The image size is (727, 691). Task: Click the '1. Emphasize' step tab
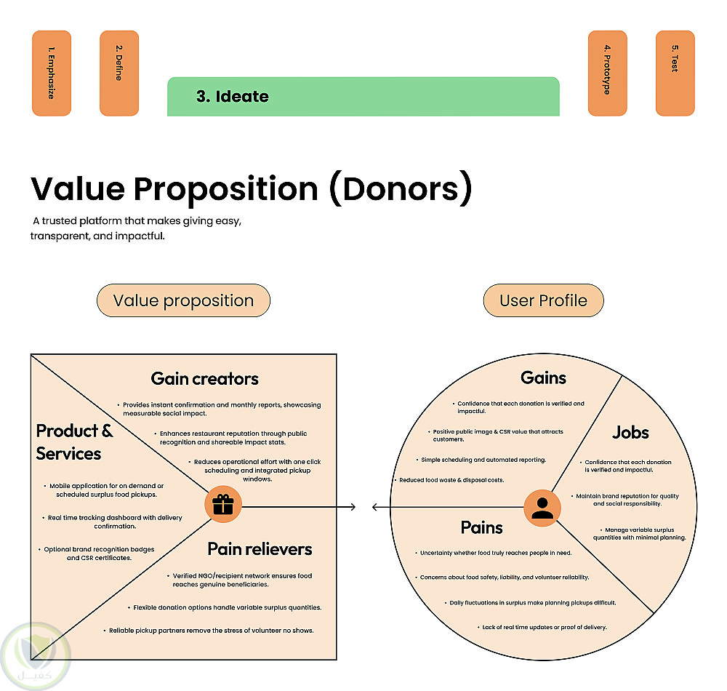tap(52, 73)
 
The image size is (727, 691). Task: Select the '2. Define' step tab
tap(119, 73)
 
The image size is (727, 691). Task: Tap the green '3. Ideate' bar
tap(363, 96)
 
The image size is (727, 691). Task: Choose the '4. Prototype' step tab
tap(607, 73)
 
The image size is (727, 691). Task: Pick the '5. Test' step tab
tap(675, 73)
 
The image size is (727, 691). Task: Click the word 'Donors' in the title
tap(401, 188)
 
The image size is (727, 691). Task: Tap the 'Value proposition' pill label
tap(183, 300)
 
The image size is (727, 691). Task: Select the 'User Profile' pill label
tap(543, 300)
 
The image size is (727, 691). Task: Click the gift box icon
tap(223, 505)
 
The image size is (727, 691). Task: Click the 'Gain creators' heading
tap(204, 379)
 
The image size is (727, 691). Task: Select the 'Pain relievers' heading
tap(260, 548)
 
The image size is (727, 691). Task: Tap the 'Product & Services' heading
tap(74, 442)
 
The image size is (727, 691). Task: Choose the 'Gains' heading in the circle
tap(543, 378)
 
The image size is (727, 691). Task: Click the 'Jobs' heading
tap(630, 432)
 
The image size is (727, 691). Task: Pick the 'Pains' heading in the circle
tap(481, 527)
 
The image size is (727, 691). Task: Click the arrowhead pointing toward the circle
tap(353, 506)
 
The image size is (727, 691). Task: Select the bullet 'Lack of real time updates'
tap(544, 627)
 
